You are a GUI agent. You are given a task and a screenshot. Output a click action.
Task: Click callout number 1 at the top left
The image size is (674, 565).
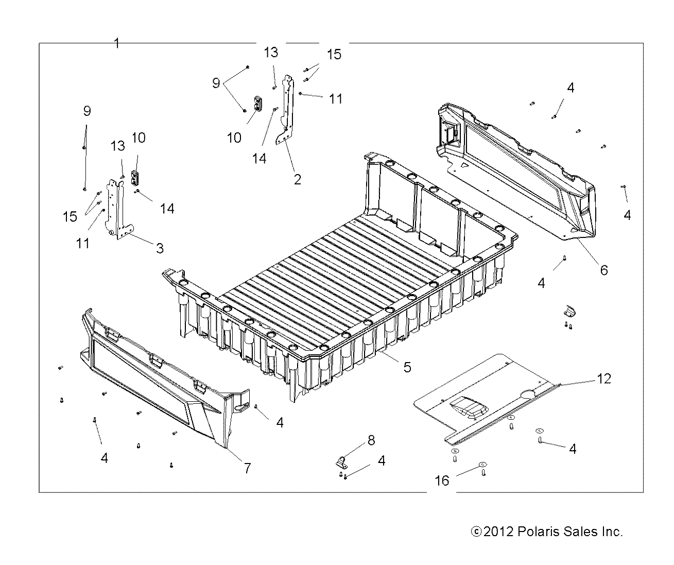(117, 44)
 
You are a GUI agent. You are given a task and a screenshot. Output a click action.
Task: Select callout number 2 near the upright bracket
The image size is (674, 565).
(297, 180)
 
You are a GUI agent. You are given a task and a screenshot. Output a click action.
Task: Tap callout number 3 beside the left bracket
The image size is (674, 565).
(160, 249)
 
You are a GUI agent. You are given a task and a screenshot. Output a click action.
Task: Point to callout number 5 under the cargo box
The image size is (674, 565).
(407, 367)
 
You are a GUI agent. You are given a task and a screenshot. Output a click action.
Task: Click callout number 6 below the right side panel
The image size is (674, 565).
(603, 269)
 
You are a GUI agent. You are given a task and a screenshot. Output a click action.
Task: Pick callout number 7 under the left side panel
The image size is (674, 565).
(247, 468)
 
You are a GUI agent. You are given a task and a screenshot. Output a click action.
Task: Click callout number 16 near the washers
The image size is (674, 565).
(442, 481)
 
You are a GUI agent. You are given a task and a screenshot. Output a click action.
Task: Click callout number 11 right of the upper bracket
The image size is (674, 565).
(336, 98)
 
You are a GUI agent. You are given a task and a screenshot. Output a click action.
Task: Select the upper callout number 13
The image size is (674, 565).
(271, 52)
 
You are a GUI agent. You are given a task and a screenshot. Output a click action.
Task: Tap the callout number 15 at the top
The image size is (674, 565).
(334, 55)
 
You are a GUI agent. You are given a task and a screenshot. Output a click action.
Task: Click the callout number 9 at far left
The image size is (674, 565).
(87, 110)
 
